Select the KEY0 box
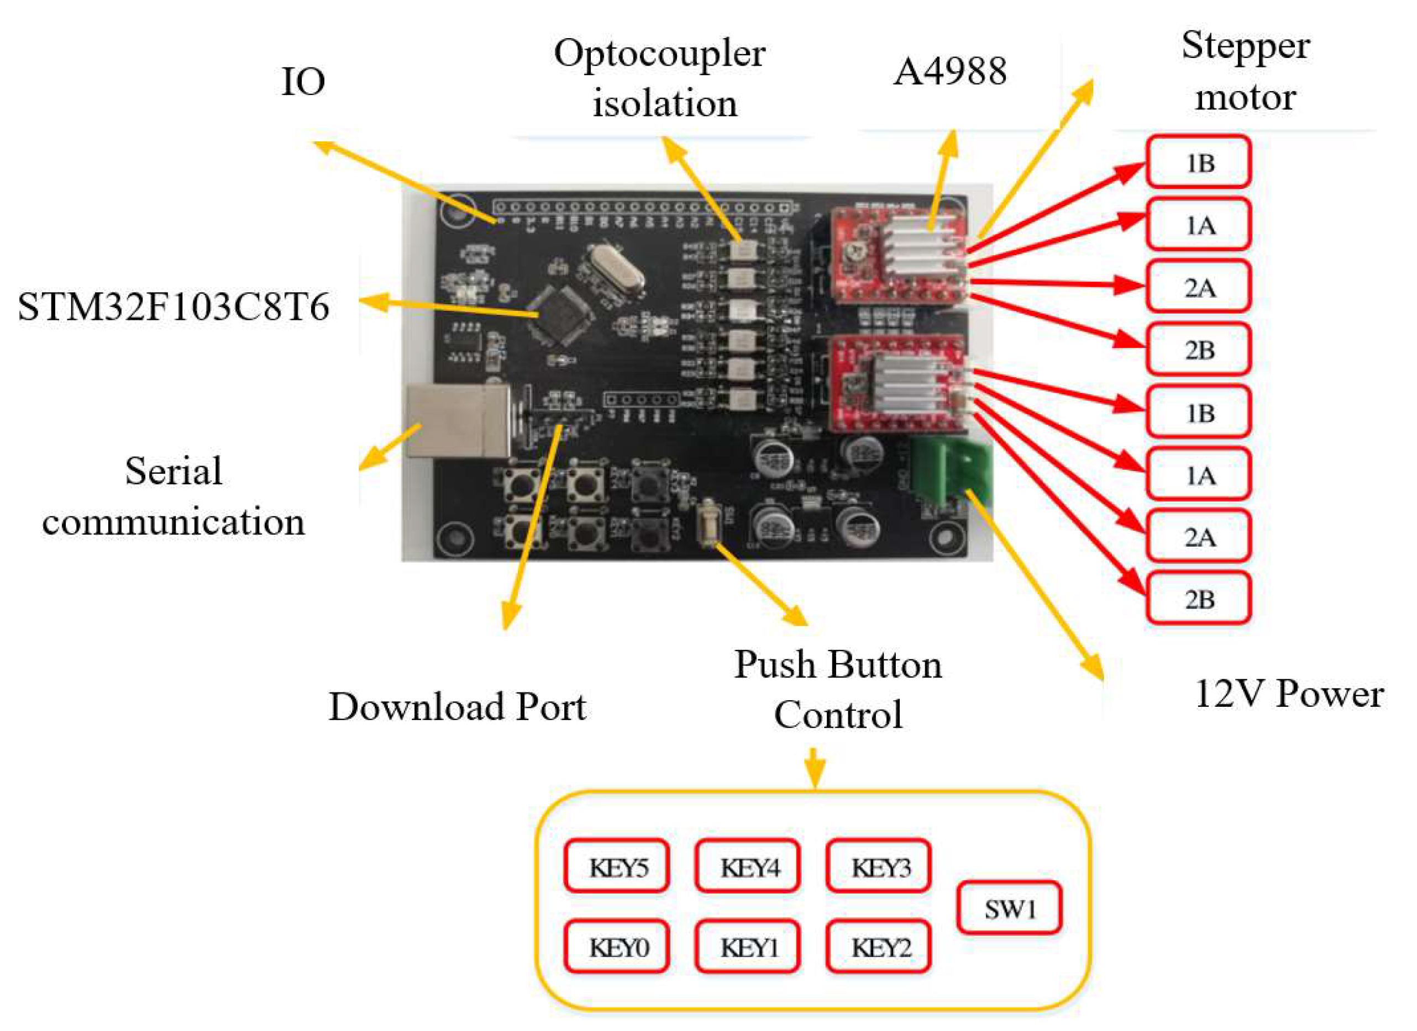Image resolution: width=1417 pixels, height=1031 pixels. (616, 947)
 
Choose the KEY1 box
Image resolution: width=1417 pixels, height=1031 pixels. (747, 947)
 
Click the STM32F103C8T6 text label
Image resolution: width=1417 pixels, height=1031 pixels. (174, 306)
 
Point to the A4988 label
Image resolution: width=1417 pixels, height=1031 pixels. (949, 71)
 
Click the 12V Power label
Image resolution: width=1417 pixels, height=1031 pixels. (1288, 694)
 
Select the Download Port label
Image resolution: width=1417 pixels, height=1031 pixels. (458, 707)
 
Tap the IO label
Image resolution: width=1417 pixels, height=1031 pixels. (303, 82)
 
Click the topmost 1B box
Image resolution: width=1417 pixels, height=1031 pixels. (1198, 162)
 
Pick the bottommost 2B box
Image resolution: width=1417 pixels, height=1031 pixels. (1198, 599)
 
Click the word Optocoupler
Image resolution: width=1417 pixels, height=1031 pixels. (659, 54)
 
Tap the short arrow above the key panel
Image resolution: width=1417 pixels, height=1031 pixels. (814, 767)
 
